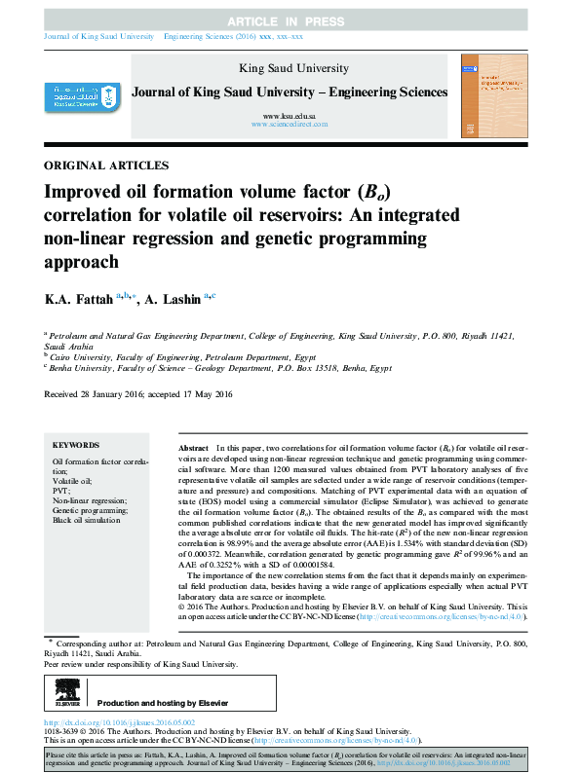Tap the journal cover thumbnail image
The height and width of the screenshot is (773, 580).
tap(492, 94)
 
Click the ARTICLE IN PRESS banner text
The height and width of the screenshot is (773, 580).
tap(289, 20)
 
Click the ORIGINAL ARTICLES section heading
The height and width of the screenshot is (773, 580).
tap(107, 166)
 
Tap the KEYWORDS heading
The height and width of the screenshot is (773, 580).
tap(76, 444)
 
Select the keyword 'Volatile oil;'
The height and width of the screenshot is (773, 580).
tap(73, 481)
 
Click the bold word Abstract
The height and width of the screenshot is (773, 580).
tap(194, 444)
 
